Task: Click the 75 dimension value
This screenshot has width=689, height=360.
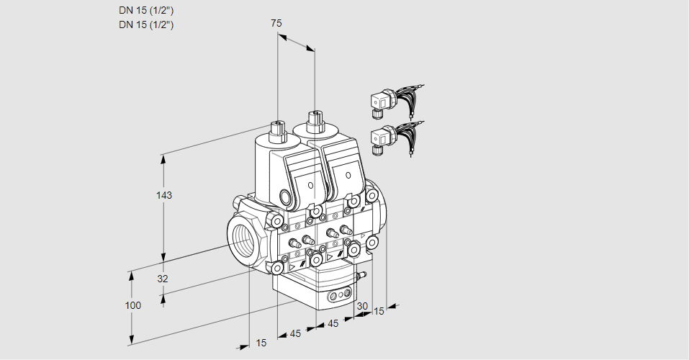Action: (276, 23)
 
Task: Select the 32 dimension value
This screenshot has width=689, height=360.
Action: (163, 279)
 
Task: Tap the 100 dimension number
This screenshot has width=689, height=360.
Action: (132, 305)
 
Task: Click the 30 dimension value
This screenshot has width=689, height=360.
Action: (362, 306)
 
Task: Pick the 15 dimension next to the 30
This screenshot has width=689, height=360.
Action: (379, 311)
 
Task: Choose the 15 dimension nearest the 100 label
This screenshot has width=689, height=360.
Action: (261, 343)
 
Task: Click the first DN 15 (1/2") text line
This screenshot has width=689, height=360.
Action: (146, 10)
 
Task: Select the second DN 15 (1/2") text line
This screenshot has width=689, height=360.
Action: (146, 24)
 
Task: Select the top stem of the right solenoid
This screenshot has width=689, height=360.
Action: (314, 121)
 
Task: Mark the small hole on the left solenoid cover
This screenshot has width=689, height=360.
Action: (310, 185)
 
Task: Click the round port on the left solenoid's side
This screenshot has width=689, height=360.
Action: (284, 197)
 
